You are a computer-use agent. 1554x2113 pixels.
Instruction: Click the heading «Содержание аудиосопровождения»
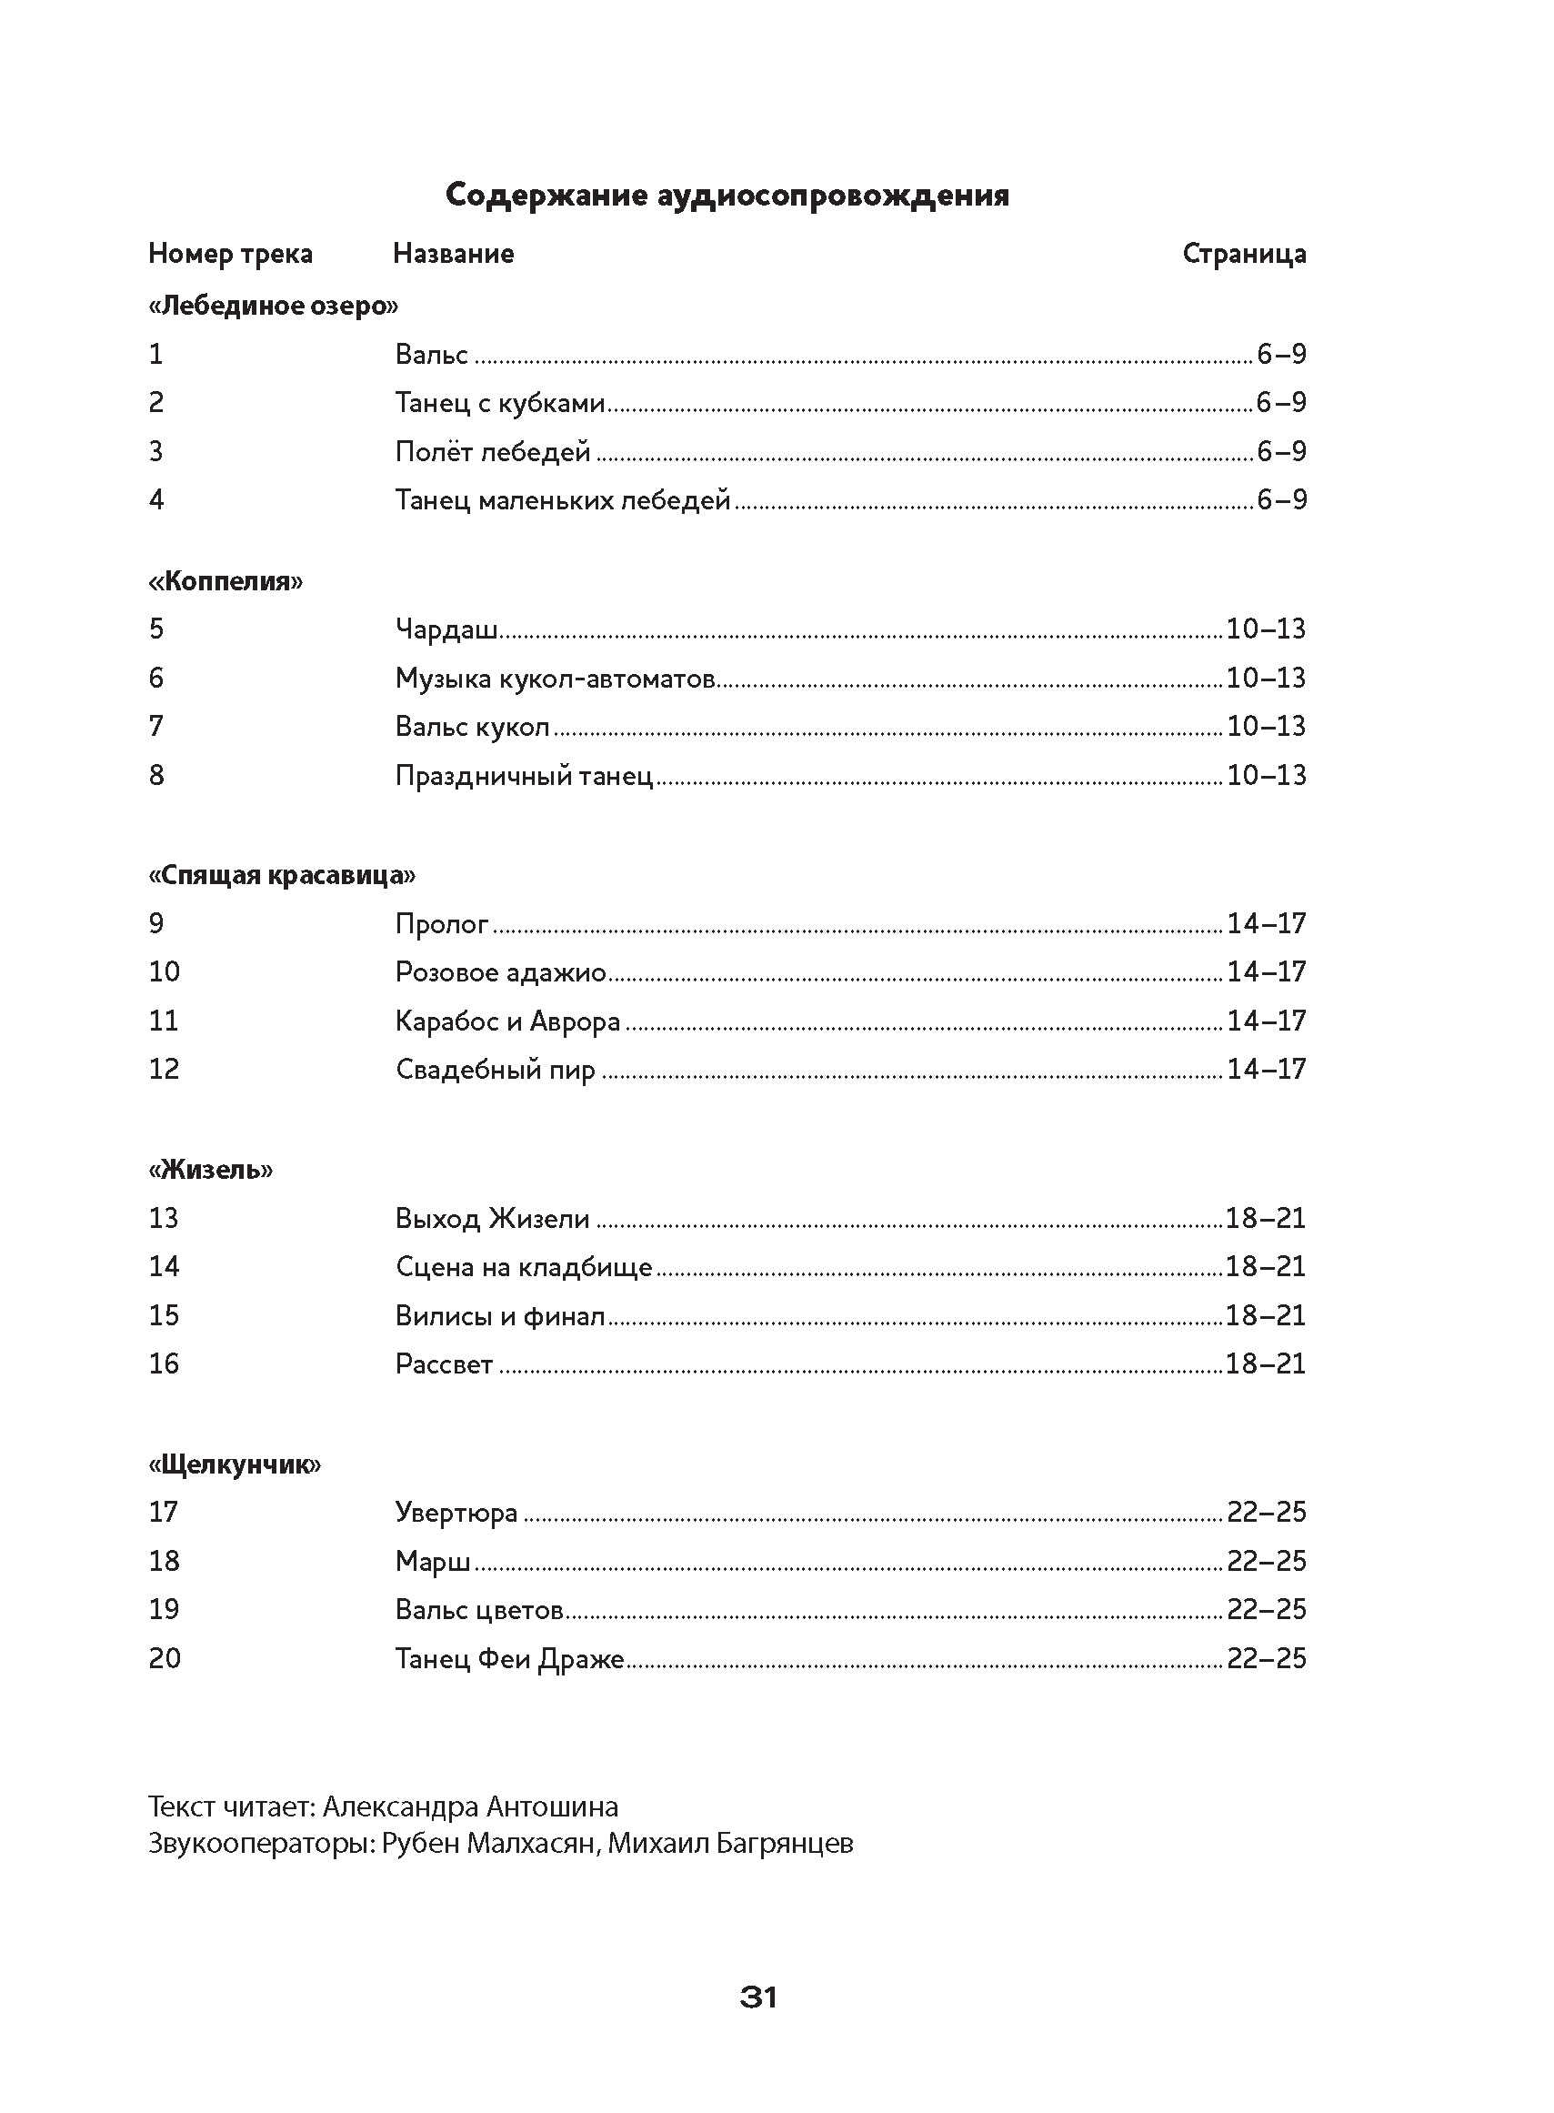pyautogui.click(x=727, y=195)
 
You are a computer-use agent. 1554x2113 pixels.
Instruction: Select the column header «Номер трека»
pyautogui.click(x=230, y=253)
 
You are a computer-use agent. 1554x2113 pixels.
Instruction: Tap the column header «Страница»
pyautogui.click(x=1244, y=253)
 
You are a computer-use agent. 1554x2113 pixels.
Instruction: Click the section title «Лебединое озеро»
pyautogui.click(x=273, y=306)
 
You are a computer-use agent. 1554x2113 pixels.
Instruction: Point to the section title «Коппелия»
pyautogui.click(x=226, y=580)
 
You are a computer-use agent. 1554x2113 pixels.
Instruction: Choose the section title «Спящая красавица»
pyautogui.click(x=281, y=875)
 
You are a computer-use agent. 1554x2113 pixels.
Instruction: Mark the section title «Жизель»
pyautogui.click(x=211, y=1170)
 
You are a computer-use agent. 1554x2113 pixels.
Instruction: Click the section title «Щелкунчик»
pyautogui.click(x=235, y=1464)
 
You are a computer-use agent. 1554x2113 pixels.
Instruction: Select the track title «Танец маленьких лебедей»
pyautogui.click(x=563, y=499)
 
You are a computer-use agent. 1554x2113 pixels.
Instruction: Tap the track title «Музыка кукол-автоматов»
pyautogui.click(x=555, y=678)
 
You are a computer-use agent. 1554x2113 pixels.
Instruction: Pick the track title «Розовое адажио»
pyautogui.click(x=500, y=971)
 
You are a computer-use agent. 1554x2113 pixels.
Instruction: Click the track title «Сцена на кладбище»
pyautogui.click(x=524, y=1266)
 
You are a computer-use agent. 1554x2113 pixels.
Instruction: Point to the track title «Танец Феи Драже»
pyautogui.click(x=510, y=1657)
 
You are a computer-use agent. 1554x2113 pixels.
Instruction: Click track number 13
pyautogui.click(x=164, y=1218)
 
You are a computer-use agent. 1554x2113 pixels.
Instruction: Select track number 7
pyautogui.click(x=156, y=725)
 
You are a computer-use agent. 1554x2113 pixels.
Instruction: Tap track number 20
pyautogui.click(x=165, y=1657)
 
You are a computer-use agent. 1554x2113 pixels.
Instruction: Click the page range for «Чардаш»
pyautogui.click(x=1266, y=629)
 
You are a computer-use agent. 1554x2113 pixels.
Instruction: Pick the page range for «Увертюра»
pyautogui.click(x=1266, y=1512)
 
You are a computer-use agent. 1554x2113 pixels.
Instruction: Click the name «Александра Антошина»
pyautogui.click(x=470, y=1807)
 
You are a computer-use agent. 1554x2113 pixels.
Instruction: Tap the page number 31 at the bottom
pyautogui.click(x=758, y=1997)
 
